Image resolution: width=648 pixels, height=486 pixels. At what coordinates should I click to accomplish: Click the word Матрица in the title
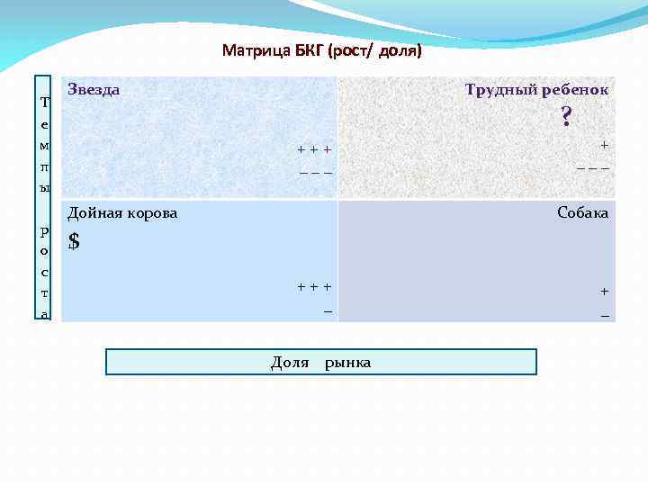coord(256,50)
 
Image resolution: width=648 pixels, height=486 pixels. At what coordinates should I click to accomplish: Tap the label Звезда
coord(94,90)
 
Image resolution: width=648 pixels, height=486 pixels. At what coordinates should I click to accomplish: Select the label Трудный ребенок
coord(536,90)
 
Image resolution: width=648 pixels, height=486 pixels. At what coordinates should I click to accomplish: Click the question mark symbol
coord(565,117)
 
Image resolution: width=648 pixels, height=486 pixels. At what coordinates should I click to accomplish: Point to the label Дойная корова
coord(122,213)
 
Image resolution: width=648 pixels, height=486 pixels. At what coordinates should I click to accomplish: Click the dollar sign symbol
coord(74,241)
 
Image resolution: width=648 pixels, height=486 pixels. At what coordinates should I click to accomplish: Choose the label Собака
coord(582,213)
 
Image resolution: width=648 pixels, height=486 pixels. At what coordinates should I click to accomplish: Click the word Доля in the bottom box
coord(290,363)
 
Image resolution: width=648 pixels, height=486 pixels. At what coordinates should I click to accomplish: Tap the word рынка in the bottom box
coord(347,363)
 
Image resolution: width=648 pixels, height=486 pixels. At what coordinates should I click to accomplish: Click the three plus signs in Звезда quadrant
coord(315,149)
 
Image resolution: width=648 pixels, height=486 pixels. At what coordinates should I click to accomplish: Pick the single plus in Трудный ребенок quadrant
coord(604,144)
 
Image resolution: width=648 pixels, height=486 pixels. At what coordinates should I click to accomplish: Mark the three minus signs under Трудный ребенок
coord(593,166)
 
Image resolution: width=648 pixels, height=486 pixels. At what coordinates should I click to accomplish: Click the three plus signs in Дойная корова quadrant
coord(315,287)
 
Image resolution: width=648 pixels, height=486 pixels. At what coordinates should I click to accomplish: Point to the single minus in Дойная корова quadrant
coord(328,311)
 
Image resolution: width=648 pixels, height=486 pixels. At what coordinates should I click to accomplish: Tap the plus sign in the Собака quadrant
coord(604,291)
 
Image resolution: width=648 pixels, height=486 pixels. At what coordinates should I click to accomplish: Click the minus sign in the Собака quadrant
coord(604,315)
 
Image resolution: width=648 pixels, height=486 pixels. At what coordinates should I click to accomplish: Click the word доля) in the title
coord(400,50)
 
